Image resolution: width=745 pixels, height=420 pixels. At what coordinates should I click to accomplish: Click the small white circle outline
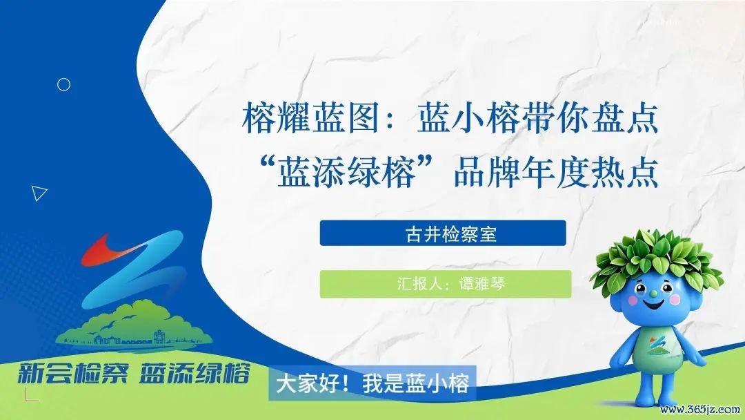[63, 85]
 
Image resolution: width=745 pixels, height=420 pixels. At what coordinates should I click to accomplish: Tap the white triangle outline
[39, 193]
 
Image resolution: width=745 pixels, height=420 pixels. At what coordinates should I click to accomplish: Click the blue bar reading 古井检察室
[443, 233]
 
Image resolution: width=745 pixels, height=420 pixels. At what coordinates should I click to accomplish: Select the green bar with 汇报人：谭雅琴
[445, 284]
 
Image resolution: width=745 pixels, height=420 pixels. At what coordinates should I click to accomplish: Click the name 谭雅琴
[481, 284]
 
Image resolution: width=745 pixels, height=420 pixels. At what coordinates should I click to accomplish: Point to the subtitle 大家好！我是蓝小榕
[372, 383]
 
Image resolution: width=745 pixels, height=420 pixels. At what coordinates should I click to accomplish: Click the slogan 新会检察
[72, 373]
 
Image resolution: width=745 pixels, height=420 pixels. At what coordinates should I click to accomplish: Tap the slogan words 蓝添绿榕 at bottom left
[195, 373]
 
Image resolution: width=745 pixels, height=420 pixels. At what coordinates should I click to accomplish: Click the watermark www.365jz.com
[700, 410]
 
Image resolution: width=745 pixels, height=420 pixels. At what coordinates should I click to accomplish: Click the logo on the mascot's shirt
[657, 346]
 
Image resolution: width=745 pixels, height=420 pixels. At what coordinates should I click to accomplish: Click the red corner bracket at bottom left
[30, 395]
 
